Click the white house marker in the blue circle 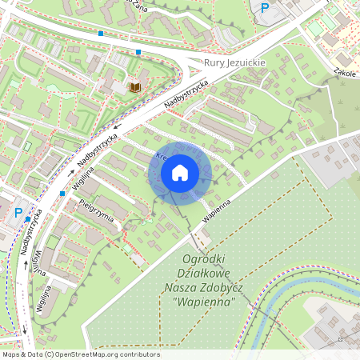[x=180, y=172]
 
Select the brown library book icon [x=134, y=86]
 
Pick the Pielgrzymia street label [x=97, y=210]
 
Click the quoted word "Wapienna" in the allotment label [x=204, y=302]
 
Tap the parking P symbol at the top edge [x=265, y=7]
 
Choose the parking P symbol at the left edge [x=18, y=213]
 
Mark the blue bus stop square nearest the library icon [x=138, y=52]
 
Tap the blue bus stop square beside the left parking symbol [x=28, y=218]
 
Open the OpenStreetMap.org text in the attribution [x=95, y=354]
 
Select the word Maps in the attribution [x=11, y=354]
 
